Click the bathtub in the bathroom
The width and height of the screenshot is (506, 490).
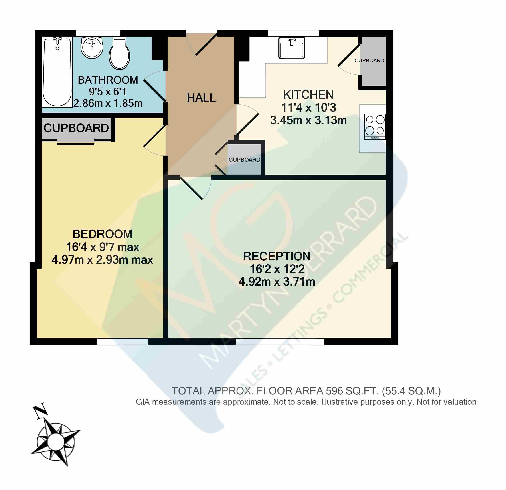tap(57, 72)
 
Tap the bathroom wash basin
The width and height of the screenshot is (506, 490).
tap(92, 47)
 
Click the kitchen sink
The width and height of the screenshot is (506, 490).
tap(292, 48)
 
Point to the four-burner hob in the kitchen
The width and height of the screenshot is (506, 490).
tap(375, 127)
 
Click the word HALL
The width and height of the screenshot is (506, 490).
tap(201, 98)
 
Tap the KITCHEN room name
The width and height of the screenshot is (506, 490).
tap(308, 95)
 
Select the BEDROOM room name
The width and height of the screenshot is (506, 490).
tap(103, 234)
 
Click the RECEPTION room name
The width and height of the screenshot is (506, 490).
tap(277, 256)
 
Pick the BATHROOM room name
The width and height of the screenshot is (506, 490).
tap(108, 80)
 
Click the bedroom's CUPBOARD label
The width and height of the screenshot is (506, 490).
tap(76, 128)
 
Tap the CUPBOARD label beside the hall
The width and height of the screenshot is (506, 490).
tap(244, 160)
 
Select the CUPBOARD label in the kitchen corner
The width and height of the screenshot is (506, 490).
tap(369, 60)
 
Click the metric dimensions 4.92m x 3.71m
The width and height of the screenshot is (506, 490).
tap(277, 282)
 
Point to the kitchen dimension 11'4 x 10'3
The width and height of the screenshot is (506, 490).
tap(308, 108)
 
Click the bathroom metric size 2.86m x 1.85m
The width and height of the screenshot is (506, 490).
tap(108, 103)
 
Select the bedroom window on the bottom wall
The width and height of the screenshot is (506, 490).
tap(123, 341)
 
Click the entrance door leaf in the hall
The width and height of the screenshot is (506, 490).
tap(206, 45)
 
